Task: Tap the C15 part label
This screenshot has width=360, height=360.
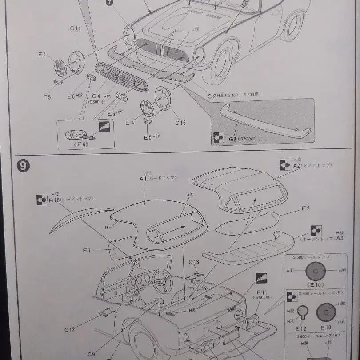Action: pos(75,28)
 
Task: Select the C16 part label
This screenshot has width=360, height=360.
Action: pos(180,123)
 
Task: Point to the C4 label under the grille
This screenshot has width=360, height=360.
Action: pos(96,96)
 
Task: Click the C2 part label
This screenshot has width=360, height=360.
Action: pos(211,96)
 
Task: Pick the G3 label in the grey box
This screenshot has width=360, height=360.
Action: pos(233,139)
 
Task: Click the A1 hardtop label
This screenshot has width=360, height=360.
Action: pos(143,179)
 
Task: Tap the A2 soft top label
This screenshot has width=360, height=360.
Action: pos(297,165)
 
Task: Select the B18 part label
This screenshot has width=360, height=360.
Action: pos(54,200)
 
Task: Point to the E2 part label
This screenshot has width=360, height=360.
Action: pos(305,208)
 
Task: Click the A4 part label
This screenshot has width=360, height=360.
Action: pos(340,238)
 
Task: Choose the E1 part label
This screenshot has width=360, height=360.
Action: pos(87,251)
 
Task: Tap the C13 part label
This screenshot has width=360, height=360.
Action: pos(194,262)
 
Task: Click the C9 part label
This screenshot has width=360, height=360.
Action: pos(91,354)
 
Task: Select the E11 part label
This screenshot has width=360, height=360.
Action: pos(261,292)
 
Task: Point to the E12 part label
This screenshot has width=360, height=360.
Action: pos(301,328)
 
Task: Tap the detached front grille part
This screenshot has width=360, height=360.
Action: pos(121,76)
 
